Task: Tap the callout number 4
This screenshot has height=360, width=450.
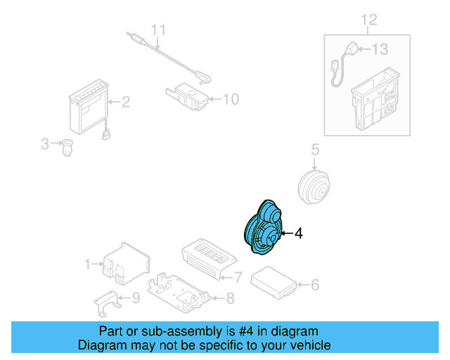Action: click(298, 233)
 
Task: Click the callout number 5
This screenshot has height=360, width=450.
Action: click(315, 150)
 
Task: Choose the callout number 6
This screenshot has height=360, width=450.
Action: click(315, 285)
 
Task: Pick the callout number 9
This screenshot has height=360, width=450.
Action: click(136, 297)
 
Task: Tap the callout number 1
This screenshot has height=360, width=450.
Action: click(88, 264)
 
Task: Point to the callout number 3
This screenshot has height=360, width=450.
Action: click(45, 144)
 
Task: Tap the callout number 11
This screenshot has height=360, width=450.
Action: click(159, 30)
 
